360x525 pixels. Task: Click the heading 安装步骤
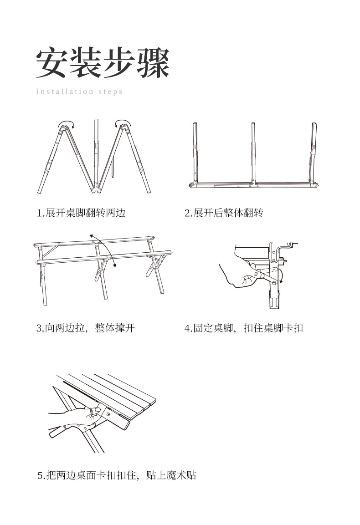103,63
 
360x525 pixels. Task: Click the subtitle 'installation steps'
79,92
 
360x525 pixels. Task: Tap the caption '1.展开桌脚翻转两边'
81,213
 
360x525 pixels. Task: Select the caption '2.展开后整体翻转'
224,213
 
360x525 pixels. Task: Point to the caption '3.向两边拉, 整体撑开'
86,328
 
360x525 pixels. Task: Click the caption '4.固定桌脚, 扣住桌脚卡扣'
244,328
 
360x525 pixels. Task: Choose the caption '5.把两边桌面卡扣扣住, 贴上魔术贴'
117,475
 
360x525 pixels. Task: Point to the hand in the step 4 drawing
240,275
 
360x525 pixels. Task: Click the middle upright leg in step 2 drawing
253,153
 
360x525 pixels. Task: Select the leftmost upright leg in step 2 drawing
195,153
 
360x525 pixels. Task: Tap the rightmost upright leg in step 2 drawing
313,153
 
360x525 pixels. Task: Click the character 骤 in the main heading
153,63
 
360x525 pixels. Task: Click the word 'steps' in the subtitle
111,92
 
